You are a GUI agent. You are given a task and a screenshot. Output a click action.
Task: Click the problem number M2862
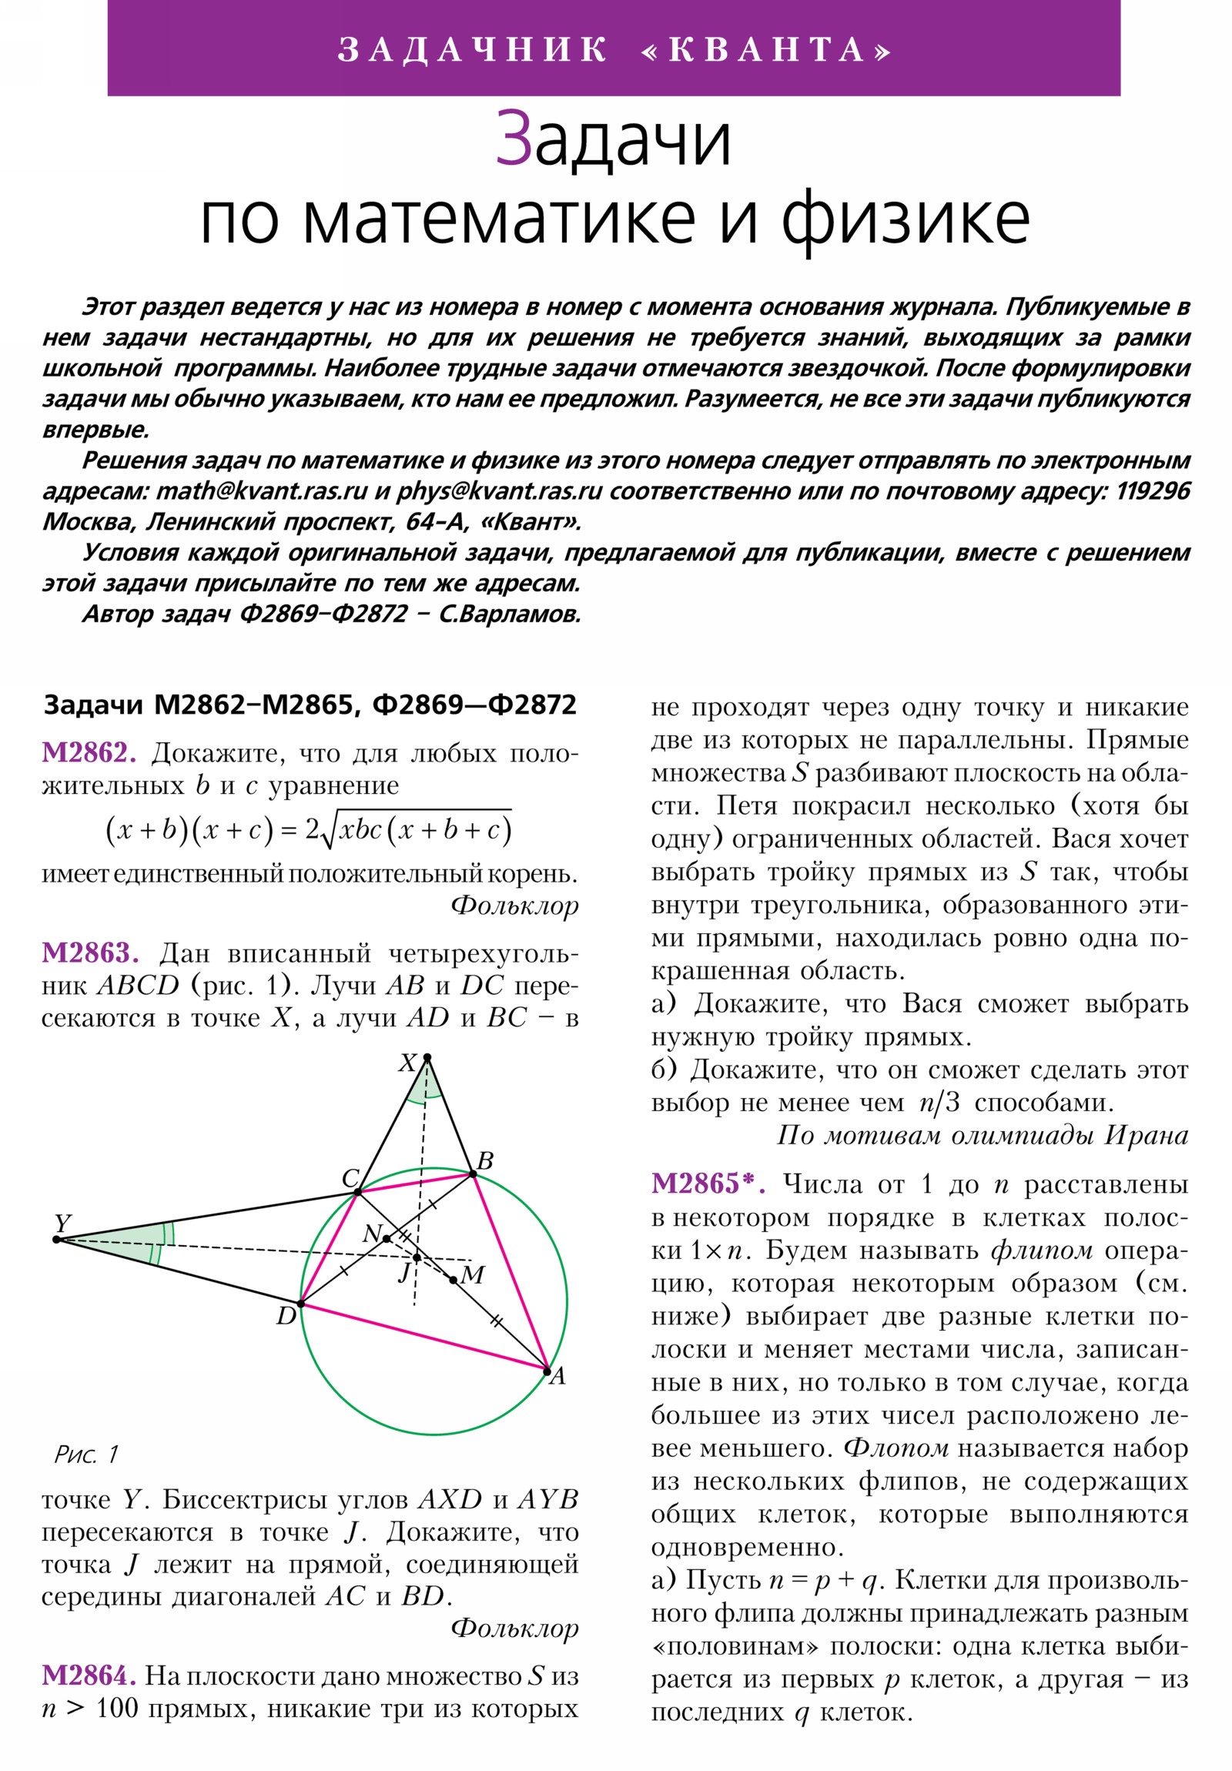89,753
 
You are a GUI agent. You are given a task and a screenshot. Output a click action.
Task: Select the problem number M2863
90,953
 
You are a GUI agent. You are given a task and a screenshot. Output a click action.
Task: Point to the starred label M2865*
708,1183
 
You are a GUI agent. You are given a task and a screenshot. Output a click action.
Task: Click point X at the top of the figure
427,1057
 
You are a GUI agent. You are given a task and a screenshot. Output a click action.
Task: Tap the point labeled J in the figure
417,1257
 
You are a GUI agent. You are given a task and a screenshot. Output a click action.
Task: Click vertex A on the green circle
547,1371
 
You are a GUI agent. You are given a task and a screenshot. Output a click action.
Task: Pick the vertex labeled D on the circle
301,1304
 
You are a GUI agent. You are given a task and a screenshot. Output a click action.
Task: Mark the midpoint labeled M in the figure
454,1281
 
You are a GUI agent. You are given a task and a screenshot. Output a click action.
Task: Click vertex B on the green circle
473,1174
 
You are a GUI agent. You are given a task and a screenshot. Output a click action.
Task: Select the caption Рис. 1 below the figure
86,1455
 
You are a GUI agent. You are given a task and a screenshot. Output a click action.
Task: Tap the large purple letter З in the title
514,139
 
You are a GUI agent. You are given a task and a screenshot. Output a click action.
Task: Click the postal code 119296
1152,491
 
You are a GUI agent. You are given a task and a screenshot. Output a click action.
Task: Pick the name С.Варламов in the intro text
509,614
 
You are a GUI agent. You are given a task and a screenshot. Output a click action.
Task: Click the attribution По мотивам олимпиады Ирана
982,1136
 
